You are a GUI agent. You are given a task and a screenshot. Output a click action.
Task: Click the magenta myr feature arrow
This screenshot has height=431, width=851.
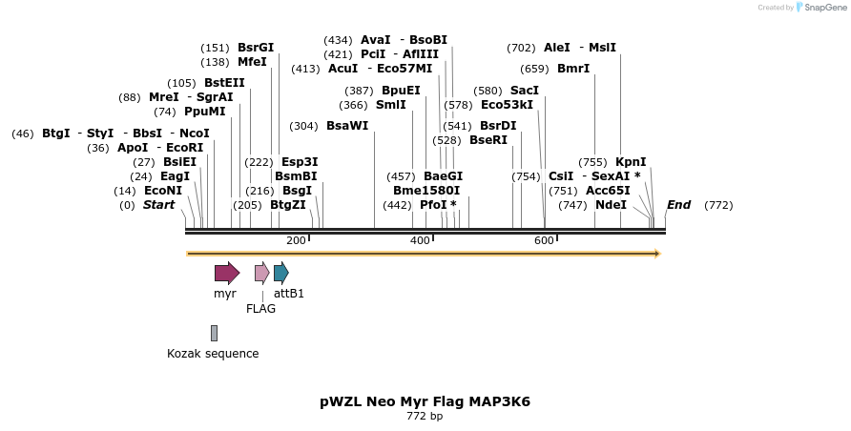coord(226,274)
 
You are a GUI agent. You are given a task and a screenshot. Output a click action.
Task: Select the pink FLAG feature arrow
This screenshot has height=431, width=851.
coord(261,274)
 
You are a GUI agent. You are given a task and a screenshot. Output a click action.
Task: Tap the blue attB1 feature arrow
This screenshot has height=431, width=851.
coord(280,274)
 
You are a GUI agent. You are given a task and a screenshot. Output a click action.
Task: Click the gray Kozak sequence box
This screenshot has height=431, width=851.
coord(214,333)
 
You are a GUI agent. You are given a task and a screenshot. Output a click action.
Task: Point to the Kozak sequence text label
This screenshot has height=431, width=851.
coord(213,354)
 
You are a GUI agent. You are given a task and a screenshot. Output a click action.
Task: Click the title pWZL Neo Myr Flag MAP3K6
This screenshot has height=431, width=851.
coord(425,401)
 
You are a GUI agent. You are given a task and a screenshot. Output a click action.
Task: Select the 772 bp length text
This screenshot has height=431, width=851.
coord(425,417)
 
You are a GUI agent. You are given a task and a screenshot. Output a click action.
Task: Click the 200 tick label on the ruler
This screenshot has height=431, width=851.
coord(296,241)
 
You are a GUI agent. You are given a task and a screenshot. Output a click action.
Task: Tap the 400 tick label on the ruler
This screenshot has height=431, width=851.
coord(420,241)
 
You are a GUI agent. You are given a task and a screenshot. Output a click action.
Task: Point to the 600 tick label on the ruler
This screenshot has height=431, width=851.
coord(544,241)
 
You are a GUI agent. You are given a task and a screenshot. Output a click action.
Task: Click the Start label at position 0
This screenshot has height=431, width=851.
coord(158,205)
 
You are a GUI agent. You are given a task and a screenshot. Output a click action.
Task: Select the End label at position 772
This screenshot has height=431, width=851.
coord(678,205)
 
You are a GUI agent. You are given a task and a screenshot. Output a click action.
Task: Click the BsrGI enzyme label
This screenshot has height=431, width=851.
coord(255,48)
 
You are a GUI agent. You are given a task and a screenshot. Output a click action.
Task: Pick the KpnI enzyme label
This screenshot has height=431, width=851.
coord(631,162)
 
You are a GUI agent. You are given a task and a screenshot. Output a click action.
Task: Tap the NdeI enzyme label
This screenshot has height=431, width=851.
coord(611,205)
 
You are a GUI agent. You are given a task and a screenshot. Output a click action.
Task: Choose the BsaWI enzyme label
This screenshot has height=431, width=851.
coord(346,126)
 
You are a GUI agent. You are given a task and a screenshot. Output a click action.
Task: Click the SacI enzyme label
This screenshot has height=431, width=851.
coord(524,91)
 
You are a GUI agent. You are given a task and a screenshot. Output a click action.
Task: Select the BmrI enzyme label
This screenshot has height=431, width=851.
coord(573,69)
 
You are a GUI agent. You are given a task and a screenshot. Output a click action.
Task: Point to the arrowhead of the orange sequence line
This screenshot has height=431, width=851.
coord(656,254)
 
